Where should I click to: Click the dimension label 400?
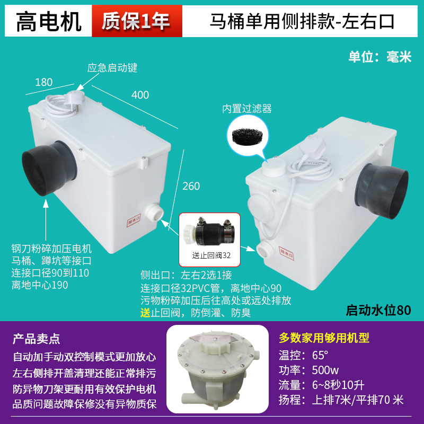pos(140,95)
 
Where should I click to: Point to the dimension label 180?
pos(43,82)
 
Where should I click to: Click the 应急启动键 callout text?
pos(112,68)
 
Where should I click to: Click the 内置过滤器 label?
pos(246,109)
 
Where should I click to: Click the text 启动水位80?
pos(378,310)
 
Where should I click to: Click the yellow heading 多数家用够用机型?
pos(324,338)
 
